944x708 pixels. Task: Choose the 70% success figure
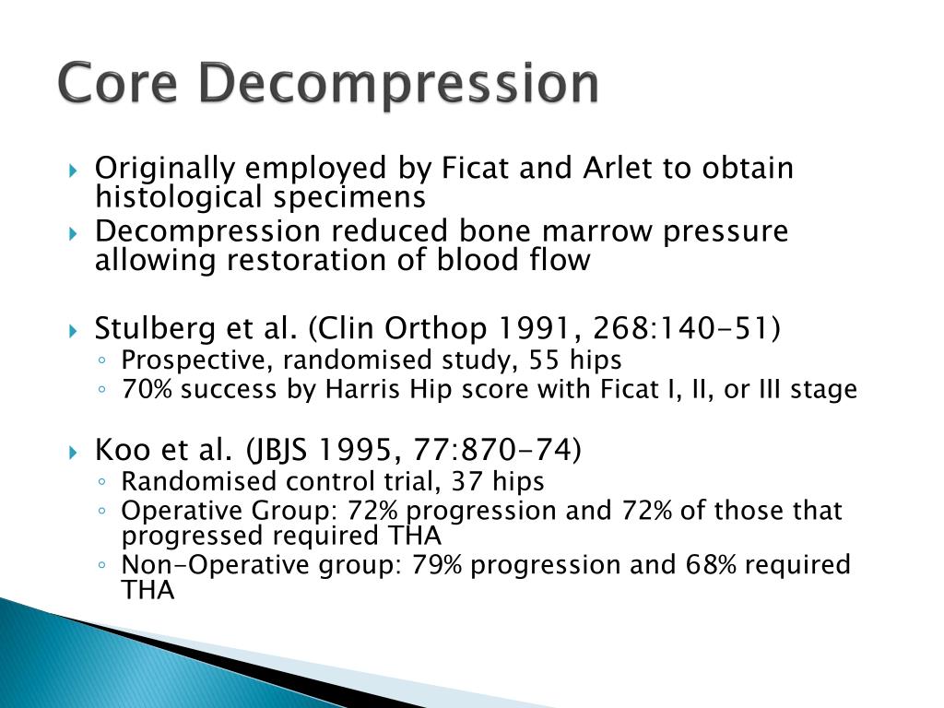[x=147, y=389]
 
